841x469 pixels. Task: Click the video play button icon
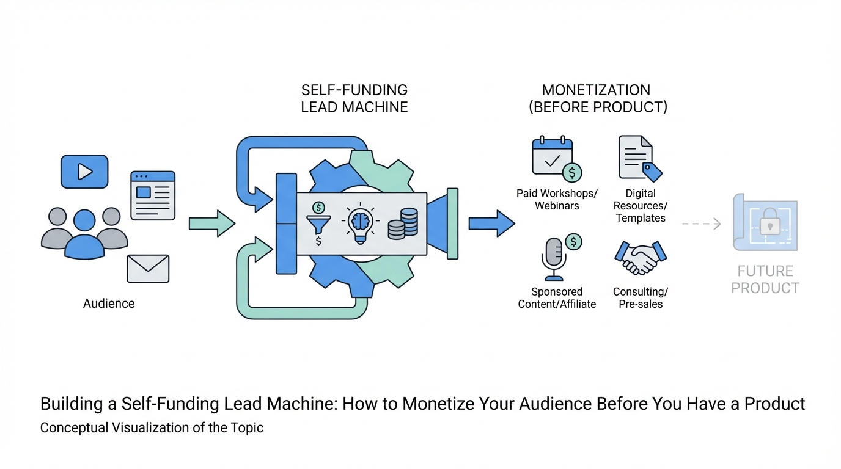tap(84, 172)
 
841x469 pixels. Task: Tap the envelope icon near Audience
tap(148, 269)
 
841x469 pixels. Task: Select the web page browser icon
tap(153, 195)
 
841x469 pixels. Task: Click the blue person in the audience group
tap(84, 235)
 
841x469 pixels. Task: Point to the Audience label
tap(109, 304)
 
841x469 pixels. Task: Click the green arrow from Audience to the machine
tap(211, 224)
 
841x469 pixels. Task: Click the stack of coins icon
tap(403, 224)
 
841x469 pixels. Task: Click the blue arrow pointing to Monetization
tap(491, 224)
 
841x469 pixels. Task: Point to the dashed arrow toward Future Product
tap(701, 224)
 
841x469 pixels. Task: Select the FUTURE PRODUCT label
tap(765, 280)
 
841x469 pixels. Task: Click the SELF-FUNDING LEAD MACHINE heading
tap(354, 98)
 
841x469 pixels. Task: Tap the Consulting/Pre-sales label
tap(641, 298)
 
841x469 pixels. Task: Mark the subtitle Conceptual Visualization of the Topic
tap(152, 427)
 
